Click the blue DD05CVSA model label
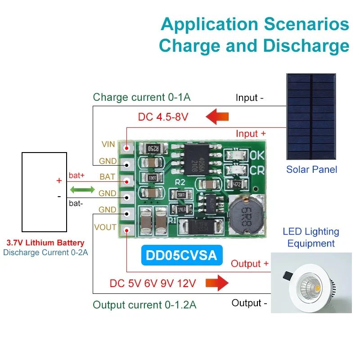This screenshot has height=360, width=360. coord(181,255)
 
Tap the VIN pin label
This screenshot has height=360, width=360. coord(108,144)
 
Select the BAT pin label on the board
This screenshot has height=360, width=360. coord(107,177)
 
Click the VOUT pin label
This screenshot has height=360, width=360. coord(105,227)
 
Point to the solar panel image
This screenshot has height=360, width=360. coord(311,117)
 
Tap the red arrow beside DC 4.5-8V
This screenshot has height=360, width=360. coord(217,117)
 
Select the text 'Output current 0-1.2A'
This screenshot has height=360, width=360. coord(144,305)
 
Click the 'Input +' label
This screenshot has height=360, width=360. coord(251,134)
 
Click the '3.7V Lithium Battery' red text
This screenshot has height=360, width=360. coord(45,243)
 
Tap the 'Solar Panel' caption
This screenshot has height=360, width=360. coord(311,170)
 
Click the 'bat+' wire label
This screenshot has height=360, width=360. coord(76,175)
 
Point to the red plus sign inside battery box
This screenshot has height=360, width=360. coord(58,180)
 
